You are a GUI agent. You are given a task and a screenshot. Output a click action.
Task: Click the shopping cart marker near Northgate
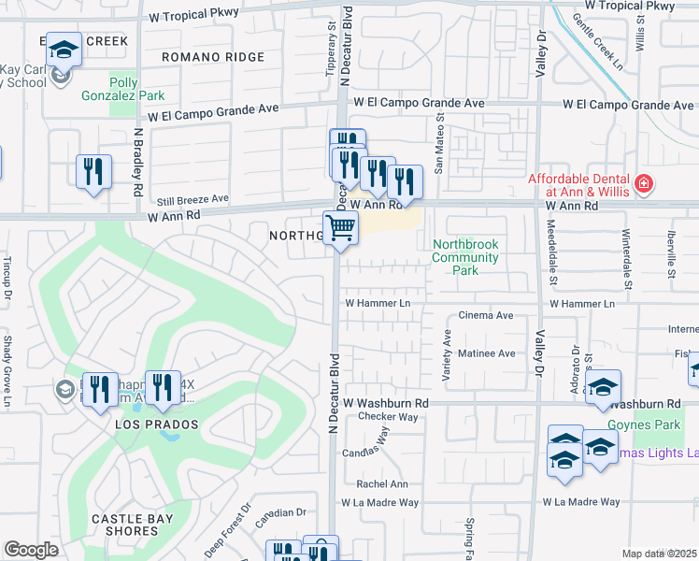coord(341,227)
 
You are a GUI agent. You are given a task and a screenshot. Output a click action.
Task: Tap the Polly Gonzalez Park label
coord(136,89)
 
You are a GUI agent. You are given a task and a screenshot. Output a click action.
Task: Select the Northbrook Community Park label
coord(465,257)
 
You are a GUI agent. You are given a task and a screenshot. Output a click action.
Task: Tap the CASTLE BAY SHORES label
coord(131,525)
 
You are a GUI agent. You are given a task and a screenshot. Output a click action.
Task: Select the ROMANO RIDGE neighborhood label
coord(213,57)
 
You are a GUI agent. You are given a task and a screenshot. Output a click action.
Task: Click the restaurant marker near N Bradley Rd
coord(94,171)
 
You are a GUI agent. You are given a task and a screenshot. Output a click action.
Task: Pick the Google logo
coord(31,550)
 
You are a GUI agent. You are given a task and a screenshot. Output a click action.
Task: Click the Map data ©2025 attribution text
coord(659,554)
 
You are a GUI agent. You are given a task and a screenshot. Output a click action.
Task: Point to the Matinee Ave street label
coord(486,353)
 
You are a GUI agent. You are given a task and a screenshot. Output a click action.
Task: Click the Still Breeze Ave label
coord(193,198)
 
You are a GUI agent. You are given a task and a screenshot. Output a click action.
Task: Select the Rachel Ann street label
coord(382,483)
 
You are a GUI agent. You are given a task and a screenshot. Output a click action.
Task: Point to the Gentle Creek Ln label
coord(597,42)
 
